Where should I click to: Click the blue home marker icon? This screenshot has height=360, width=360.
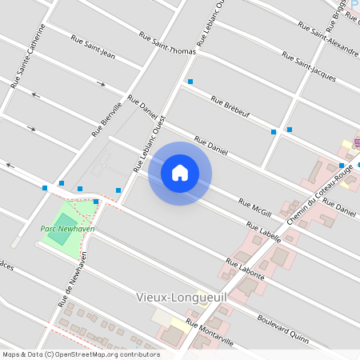pyautogui.click(x=180, y=173)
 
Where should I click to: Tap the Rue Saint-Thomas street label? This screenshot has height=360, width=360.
pyautogui.click(x=167, y=43)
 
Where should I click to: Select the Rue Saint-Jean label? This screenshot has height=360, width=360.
pyautogui.click(x=94, y=46)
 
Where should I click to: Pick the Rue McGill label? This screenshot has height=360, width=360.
pyautogui.click(x=256, y=206)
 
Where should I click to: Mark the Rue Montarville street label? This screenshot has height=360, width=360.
pyautogui.click(x=210, y=333)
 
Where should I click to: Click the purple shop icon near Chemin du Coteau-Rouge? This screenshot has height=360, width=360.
pyautogui.click(x=356, y=142)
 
